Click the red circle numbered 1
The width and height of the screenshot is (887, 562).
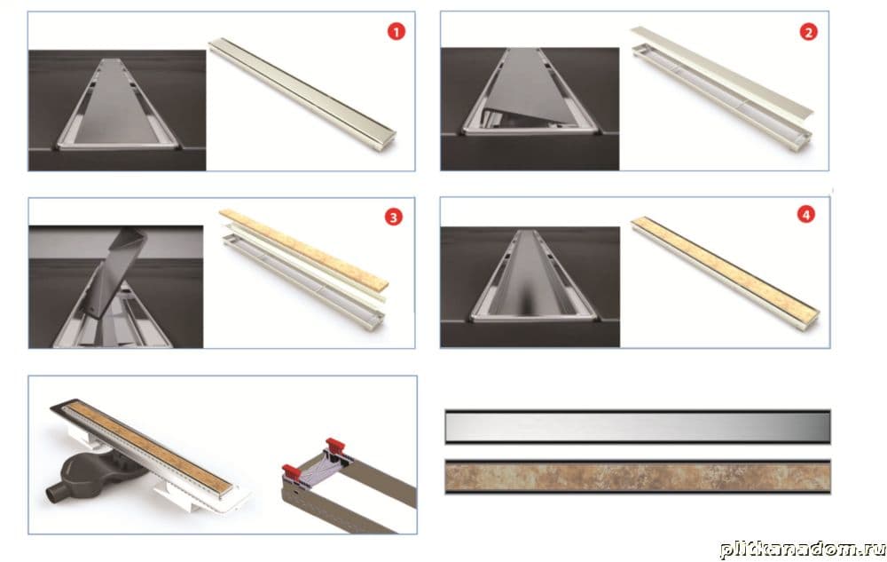[396, 32]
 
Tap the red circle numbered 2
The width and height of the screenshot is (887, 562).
[808, 32]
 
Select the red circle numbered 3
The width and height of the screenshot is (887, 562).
[393, 218]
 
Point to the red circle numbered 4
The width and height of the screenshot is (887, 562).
[806, 215]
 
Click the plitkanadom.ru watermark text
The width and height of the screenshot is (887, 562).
[802, 549]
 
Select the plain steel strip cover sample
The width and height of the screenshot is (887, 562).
[638, 427]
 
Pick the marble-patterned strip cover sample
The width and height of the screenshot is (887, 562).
[638, 477]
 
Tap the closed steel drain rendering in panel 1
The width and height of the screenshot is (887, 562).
[302, 93]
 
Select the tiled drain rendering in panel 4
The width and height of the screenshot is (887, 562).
[726, 273]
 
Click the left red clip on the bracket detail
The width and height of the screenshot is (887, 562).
[291, 471]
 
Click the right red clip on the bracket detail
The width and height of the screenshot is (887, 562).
[335, 444]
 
